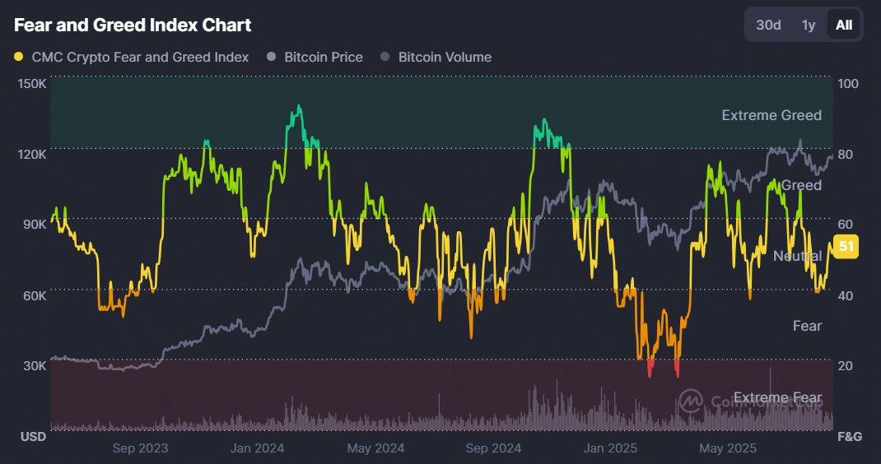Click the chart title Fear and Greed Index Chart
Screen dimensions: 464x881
pyautogui.click(x=133, y=26)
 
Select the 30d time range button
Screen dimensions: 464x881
pyautogui.click(x=768, y=25)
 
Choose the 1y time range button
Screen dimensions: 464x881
pyautogui.click(x=809, y=25)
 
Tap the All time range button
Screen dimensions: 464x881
pyautogui.click(x=844, y=25)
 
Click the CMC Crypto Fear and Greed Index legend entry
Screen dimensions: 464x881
pyautogui.click(x=139, y=58)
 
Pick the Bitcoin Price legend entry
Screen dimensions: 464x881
pyautogui.click(x=323, y=58)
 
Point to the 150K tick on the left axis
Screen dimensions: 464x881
pyautogui.click(x=32, y=84)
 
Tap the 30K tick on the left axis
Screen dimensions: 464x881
pyautogui.click(x=35, y=365)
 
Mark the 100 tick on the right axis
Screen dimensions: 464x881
pyautogui.click(x=847, y=84)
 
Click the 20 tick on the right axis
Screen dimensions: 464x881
pyautogui.click(x=845, y=365)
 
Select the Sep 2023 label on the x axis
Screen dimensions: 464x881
pyautogui.click(x=140, y=448)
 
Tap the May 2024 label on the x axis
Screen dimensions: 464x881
pyautogui.click(x=375, y=448)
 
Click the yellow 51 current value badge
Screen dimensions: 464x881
pyautogui.click(x=846, y=246)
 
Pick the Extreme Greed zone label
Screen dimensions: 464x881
pyautogui.click(x=771, y=115)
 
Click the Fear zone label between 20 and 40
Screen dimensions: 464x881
pyautogui.click(x=807, y=326)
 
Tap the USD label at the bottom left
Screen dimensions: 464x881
pyautogui.click(x=33, y=436)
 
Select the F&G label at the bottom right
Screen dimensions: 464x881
pyautogui.click(x=849, y=436)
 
